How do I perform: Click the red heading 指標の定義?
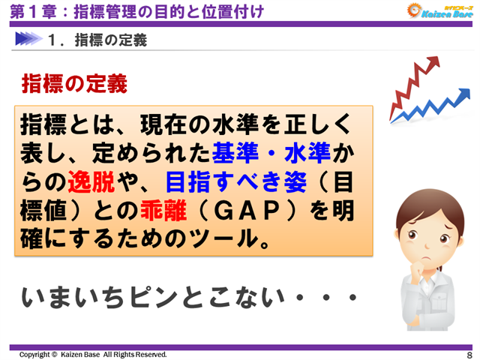(x=74, y=83)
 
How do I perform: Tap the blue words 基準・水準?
(x=272, y=151)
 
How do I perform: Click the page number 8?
(x=469, y=354)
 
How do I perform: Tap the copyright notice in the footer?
(x=93, y=354)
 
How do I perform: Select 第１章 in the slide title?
(x=28, y=11)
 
